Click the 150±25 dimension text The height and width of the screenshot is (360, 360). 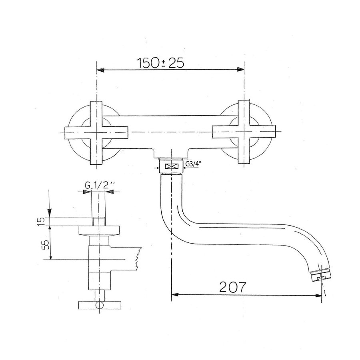160,63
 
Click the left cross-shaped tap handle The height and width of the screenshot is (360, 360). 96,132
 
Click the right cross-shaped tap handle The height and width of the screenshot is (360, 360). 244,132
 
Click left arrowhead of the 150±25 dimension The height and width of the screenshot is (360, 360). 102,70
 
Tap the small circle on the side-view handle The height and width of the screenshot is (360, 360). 98,306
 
